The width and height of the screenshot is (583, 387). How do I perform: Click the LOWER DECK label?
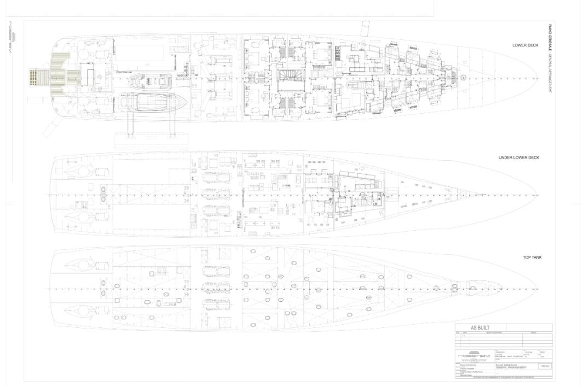tap(526, 45)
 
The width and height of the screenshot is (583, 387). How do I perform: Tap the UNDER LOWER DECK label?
tap(518, 157)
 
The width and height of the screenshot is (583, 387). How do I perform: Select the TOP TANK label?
tap(532, 257)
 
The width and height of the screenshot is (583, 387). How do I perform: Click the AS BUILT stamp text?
tap(480, 328)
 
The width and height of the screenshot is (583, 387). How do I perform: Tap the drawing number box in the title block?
tap(545, 366)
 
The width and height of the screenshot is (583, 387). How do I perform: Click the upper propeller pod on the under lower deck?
tap(79, 171)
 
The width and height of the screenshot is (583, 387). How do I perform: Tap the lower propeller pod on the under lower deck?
tap(79, 218)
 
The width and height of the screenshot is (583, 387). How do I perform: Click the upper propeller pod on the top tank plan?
tap(79, 266)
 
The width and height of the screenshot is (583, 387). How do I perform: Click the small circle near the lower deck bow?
tap(464, 78)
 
